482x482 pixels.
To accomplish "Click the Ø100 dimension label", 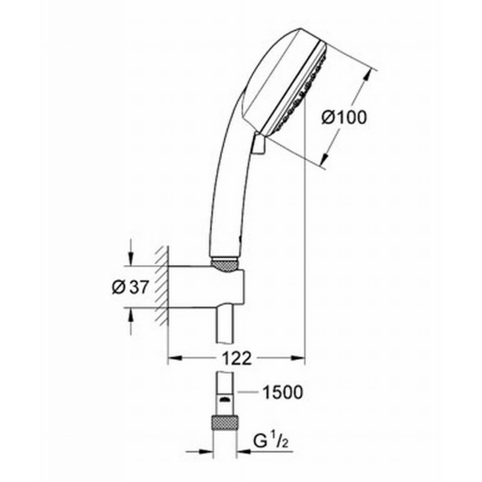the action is coord(344,117).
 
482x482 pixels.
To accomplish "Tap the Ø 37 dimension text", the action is coord(130,287).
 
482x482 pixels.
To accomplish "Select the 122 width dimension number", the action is coord(237,358).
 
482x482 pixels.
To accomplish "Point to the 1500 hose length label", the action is coord(283,392).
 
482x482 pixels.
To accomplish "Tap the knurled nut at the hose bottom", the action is coord(225,423).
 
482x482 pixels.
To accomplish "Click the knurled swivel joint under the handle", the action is coord(225,265).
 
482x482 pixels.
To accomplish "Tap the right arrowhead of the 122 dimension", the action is coord(299,358).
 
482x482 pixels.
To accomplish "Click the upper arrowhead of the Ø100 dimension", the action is coord(367,75).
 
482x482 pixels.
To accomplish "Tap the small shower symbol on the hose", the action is coord(225,399).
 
